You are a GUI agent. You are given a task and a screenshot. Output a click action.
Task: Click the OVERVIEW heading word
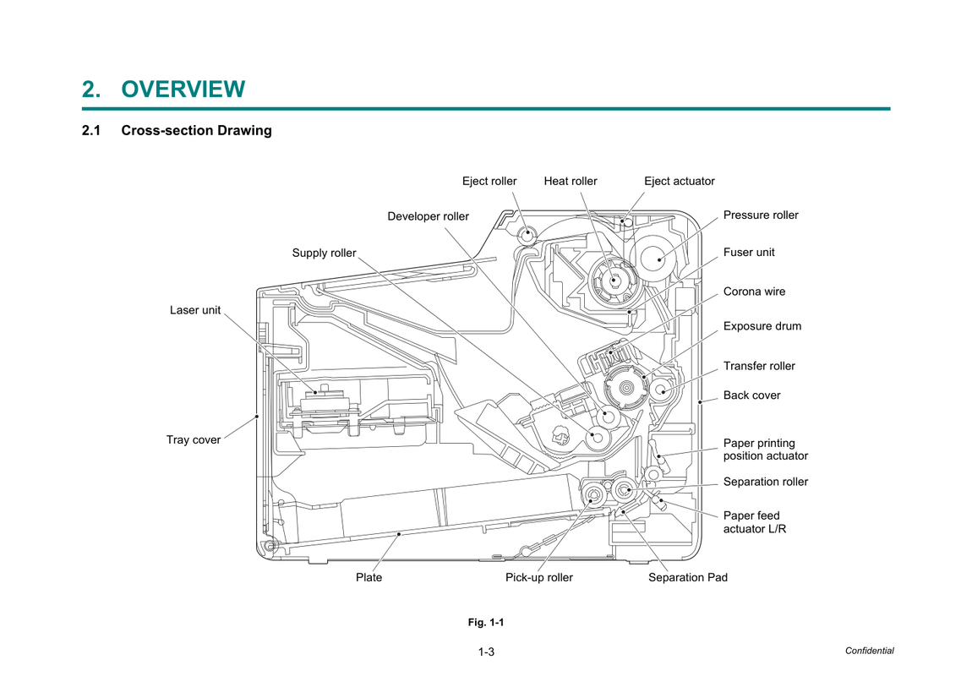[183, 90]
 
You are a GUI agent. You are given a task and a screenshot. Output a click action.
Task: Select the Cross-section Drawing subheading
[196, 131]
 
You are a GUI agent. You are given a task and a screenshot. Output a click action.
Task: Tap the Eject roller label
[489, 181]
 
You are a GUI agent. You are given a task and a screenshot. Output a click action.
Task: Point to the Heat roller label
[571, 181]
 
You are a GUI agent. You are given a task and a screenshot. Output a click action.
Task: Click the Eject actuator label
[680, 181]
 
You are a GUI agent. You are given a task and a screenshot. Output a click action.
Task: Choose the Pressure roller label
[761, 215]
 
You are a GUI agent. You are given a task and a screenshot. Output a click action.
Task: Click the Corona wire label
[754, 292]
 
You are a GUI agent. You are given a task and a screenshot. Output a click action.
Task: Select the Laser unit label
[195, 310]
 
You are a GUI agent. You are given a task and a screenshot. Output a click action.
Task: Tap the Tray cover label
[194, 439]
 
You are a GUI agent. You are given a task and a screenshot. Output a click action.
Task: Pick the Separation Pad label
[688, 577]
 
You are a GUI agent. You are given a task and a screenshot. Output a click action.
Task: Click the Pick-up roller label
[538, 577]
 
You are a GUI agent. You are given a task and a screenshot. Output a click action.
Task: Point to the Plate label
[369, 577]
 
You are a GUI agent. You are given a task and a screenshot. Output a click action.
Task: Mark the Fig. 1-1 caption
[486, 622]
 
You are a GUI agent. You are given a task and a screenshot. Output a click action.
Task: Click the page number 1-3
[486, 652]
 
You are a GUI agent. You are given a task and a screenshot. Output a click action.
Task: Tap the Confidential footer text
[869, 651]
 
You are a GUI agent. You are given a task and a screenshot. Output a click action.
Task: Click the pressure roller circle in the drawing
[653, 259]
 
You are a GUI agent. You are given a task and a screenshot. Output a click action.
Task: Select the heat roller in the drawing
[613, 280]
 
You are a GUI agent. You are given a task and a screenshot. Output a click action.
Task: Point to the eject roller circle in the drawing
[527, 235]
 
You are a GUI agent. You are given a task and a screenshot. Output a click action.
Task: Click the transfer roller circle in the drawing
[662, 390]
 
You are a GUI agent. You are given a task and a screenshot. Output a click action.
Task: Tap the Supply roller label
[325, 253]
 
